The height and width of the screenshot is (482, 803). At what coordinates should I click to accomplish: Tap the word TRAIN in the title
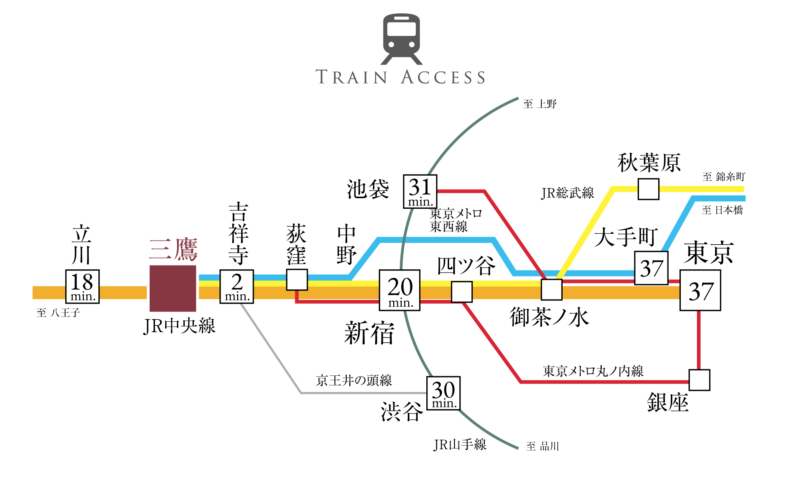click(351, 77)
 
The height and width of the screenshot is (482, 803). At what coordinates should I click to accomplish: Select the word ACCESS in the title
click(443, 77)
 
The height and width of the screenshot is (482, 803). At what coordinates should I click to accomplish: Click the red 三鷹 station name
click(173, 249)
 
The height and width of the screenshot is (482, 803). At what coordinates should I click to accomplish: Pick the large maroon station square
click(173, 289)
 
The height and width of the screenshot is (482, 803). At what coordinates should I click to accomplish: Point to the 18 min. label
click(82, 287)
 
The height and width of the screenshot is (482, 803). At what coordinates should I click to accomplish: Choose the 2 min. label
click(237, 287)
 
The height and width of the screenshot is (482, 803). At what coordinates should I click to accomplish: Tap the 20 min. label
click(400, 290)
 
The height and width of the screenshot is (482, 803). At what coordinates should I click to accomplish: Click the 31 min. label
click(420, 191)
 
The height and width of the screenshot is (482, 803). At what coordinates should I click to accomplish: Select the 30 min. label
click(443, 393)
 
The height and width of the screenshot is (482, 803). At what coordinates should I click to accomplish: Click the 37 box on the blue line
click(651, 268)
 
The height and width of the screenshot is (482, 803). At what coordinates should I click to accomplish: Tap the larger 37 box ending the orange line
click(700, 290)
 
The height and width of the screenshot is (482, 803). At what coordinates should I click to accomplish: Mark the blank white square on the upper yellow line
click(649, 189)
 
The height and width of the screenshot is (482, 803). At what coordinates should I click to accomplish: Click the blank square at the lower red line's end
click(699, 380)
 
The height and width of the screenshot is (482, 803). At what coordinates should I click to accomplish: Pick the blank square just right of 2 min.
click(297, 280)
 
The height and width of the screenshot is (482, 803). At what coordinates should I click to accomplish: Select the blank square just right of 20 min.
click(462, 291)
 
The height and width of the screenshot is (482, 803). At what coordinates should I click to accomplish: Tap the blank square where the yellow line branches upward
click(551, 289)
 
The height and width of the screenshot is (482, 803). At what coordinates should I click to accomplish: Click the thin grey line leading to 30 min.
click(363, 393)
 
